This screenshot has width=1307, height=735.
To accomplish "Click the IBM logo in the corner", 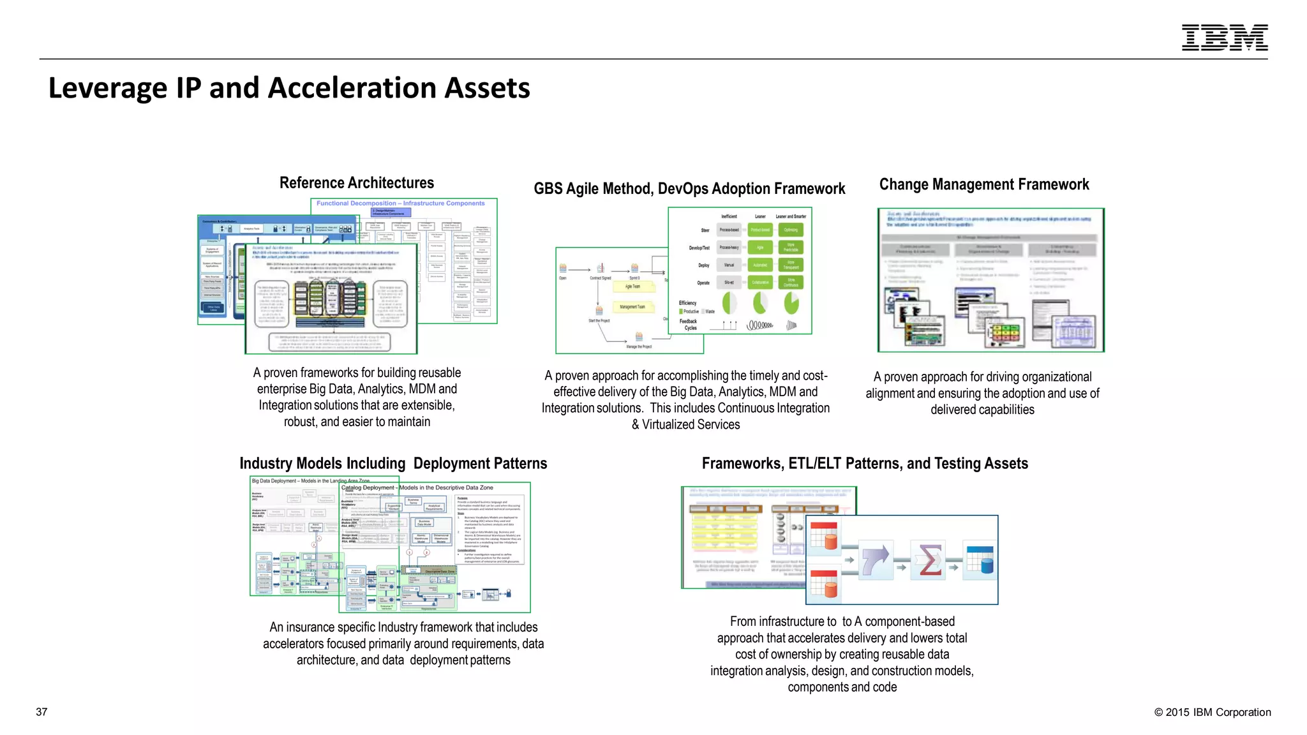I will pos(1224,38).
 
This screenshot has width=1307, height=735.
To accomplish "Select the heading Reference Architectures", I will pos(356,183).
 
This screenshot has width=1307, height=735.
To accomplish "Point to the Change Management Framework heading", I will pos(983,185).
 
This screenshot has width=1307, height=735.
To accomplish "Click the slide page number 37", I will pos(41,712).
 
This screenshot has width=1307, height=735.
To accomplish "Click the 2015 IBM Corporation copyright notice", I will pos(1212,713).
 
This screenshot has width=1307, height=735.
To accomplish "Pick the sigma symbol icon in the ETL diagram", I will pos(929,560).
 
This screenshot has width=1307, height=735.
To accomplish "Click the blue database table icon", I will pos(980,560).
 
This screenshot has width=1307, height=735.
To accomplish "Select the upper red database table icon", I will pos(824,537).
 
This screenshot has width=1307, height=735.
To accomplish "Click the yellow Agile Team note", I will pos(632,287).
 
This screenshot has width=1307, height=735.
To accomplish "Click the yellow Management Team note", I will pos(632,307).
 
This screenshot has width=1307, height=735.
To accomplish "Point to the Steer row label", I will pos(705,230).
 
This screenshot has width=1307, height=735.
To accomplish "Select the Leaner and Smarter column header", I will pos(791,217).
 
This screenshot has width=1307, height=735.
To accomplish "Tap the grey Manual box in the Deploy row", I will pos(729,265).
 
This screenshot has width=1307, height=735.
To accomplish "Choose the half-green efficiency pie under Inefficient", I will pos(729,303).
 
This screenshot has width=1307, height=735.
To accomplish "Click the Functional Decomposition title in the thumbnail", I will pos(400,204).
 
